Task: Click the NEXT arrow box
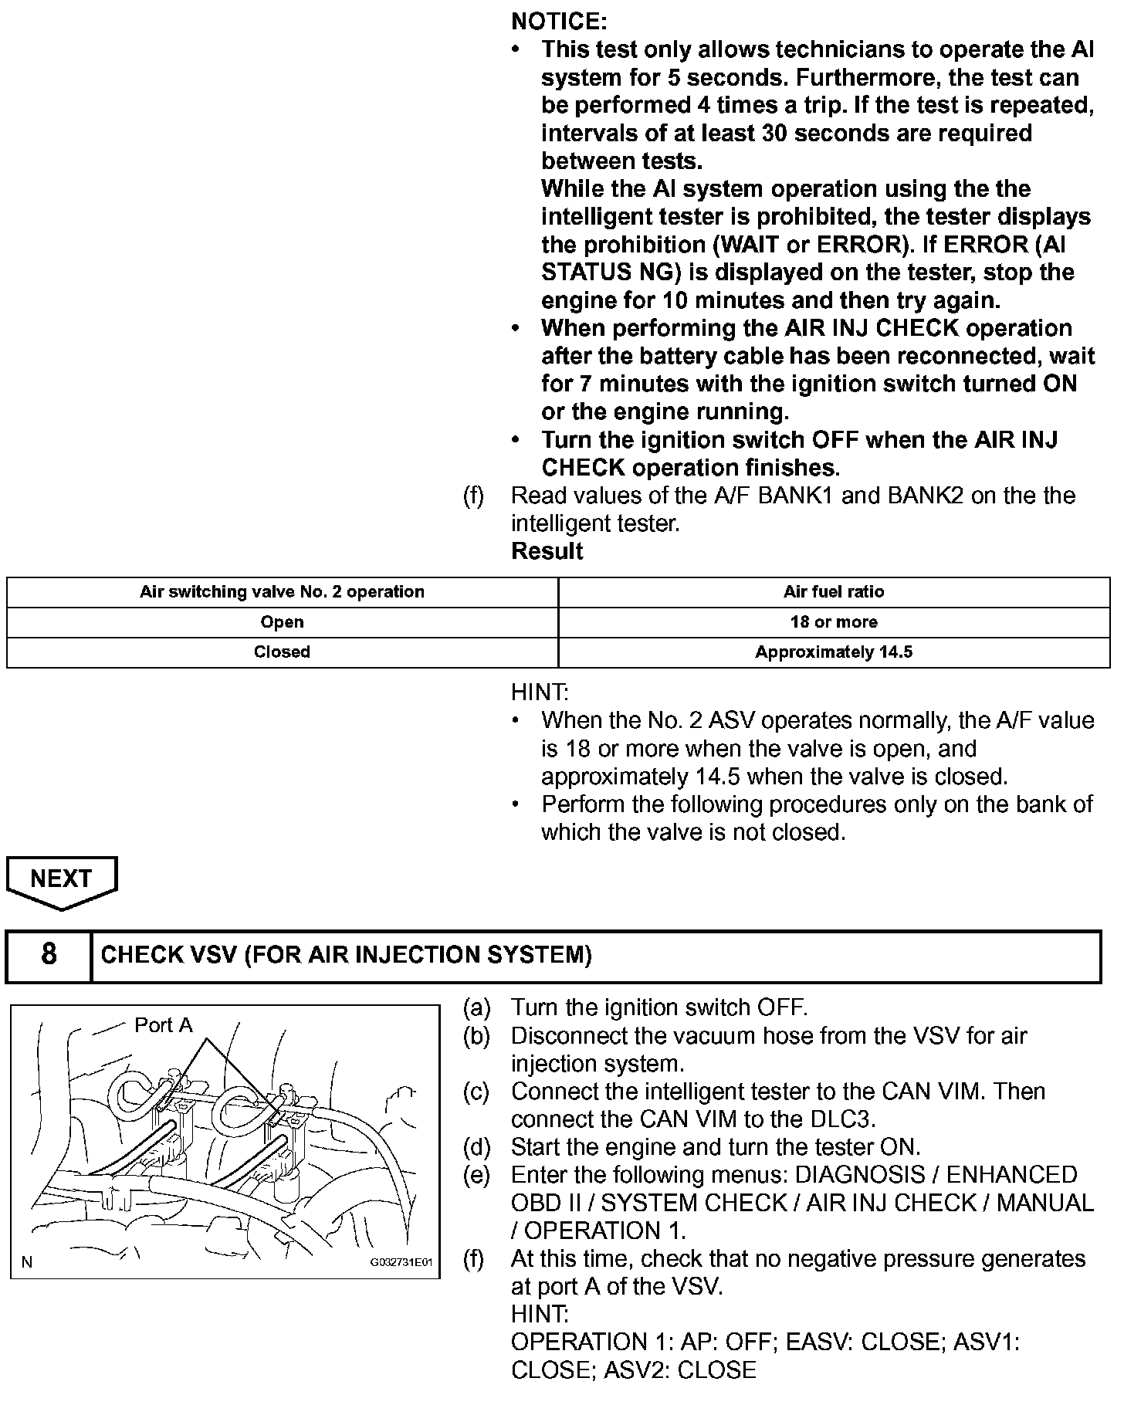click(x=62, y=879)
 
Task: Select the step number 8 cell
click(x=49, y=955)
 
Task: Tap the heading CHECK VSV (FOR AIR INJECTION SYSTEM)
click(x=347, y=956)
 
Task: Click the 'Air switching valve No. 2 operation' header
click(x=282, y=592)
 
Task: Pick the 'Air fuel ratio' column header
click(x=834, y=592)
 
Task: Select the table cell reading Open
click(x=282, y=622)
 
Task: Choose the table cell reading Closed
click(x=282, y=652)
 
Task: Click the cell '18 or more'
click(x=834, y=622)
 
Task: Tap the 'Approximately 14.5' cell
click(x=834, y=652)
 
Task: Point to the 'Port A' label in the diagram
click(x=164, y=1025)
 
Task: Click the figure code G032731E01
click(x=401, y=1264)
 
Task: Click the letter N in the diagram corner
click(x=28, y=1263)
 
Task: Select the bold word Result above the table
click(x=547, y=551)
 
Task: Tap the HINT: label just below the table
click(x=540, y=692)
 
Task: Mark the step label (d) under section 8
click(x=476, y=1147)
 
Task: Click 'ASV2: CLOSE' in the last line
click(x=680, y=1370)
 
